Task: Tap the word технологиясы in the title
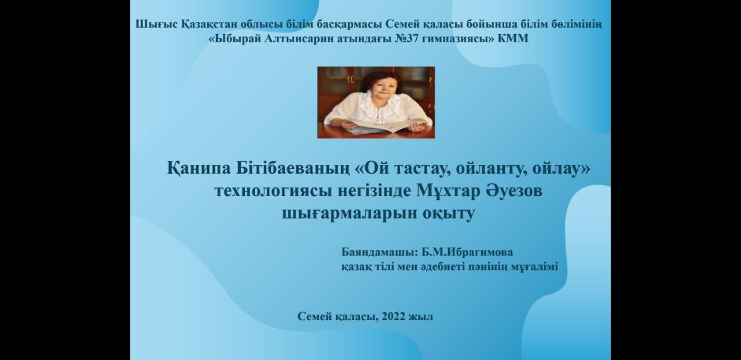[273, 192]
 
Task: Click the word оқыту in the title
[448, 214]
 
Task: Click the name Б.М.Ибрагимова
[467, 252]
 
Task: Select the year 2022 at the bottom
[393, 317]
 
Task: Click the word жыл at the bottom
[421, 317]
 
